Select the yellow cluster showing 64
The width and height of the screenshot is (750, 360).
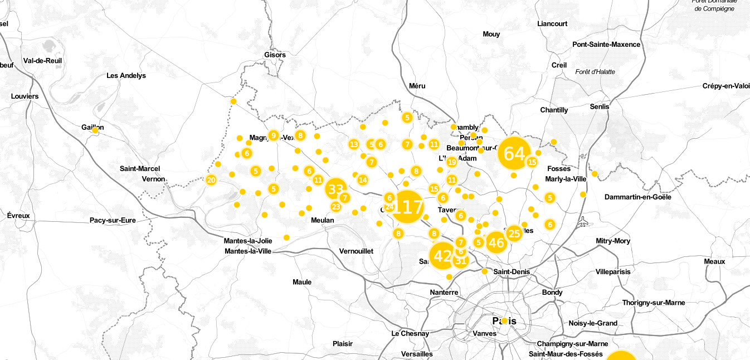pos(514,153)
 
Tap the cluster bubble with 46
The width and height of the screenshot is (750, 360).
pos(496,242)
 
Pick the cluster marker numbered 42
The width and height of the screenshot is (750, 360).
pos(443,256)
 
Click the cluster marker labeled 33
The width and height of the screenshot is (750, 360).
pos(335,189)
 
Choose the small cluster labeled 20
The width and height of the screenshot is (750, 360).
pos(211,180)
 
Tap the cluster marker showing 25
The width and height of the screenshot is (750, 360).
pos(514,233)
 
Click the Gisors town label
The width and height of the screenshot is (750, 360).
pos(275,55)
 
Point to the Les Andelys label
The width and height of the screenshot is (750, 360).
pos(126,75)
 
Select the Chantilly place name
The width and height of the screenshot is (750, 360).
pos(554,110)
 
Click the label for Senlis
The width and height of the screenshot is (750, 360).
pos(600,106)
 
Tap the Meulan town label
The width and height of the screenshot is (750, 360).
pos(323,220)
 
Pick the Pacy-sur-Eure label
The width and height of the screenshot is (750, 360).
pos(113,220)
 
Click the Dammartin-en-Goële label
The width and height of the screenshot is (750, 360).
pos(638,197)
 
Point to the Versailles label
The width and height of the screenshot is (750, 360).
pos(417,354)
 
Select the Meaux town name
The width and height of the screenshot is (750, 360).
pos(714,261)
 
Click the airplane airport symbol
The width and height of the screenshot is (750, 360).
pos(583,221)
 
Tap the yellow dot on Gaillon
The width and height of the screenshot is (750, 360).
pos(95,130)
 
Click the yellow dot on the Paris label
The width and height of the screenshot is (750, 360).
pos(504,320)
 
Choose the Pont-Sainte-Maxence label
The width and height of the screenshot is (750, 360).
pos(606,44)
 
